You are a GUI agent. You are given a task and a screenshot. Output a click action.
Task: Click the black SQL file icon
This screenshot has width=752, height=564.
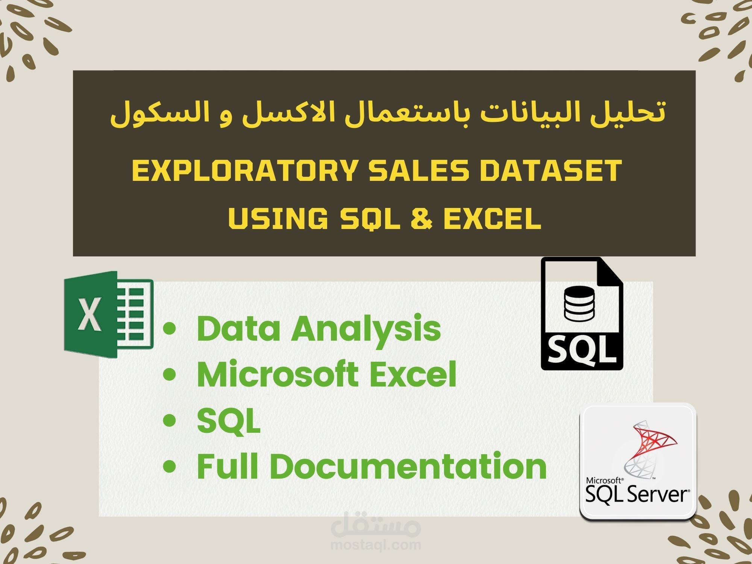pyautogui.click(x=582, y=314)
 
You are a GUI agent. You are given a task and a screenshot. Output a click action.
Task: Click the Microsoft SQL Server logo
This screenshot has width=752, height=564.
pyautogui.click(x=638, y=462)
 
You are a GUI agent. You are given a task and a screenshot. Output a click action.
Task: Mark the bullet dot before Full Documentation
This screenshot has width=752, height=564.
pyautogui.click(x=170, y=467)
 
